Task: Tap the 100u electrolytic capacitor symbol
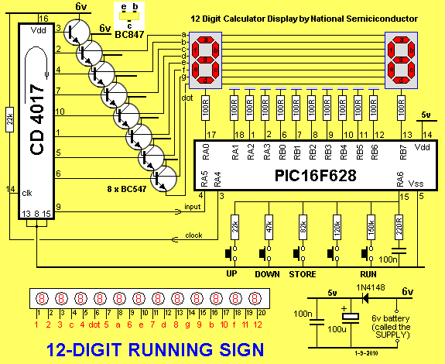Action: [x=351, y=318]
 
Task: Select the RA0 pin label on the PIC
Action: [x=206, y=151]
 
